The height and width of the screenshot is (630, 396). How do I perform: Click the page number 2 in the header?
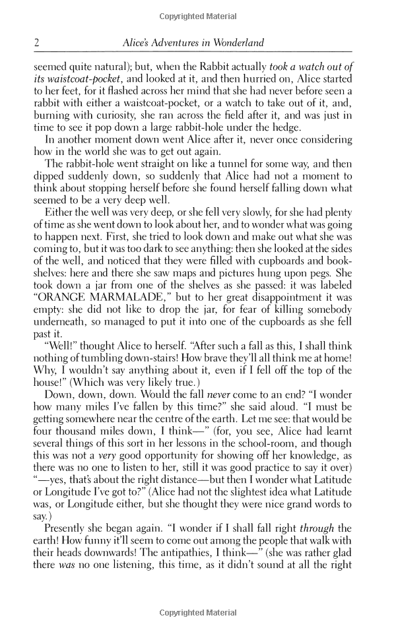point(37,44)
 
